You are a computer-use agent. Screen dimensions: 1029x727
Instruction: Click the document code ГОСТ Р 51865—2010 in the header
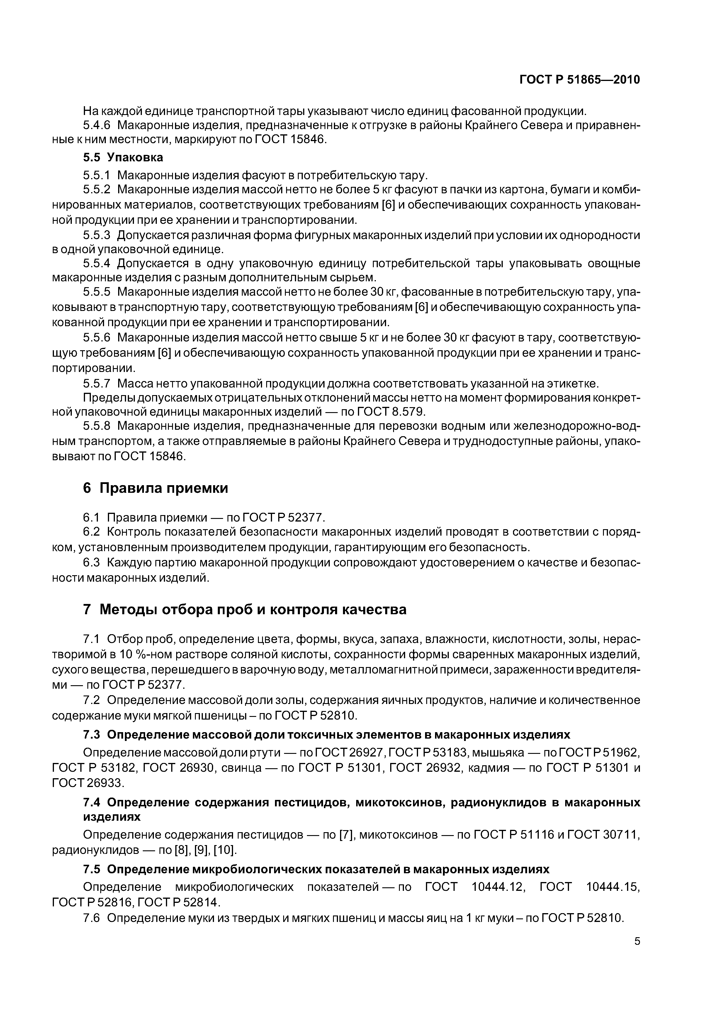tap(579, 80)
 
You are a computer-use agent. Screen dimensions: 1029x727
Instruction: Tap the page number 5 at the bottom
tap(637, 942)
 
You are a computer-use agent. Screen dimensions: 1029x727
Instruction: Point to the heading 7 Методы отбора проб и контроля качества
tap(245, 610)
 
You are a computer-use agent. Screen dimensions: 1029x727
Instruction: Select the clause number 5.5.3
tap(96, 235)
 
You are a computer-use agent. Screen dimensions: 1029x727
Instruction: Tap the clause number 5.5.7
tap(96, 384)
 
